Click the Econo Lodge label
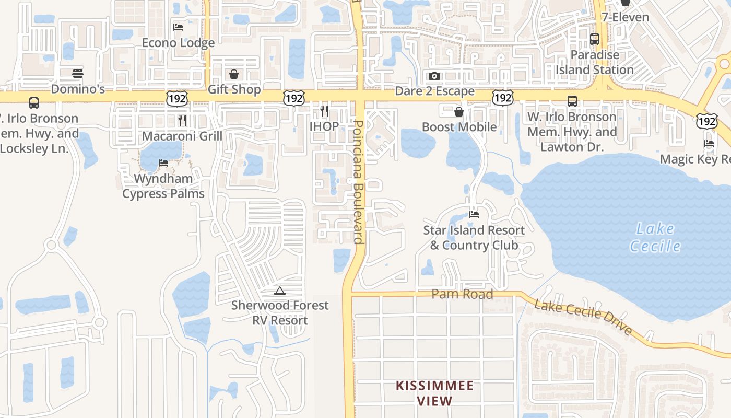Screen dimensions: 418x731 [178, 43]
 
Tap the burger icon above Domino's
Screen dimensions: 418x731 [78, 73]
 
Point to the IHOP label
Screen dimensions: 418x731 [324, 126]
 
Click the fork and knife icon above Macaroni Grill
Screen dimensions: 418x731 [182, 121]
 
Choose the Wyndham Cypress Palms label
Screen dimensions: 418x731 [163, 186]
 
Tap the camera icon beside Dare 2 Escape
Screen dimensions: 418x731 [434, 76]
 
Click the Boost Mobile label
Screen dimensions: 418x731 [459, 127]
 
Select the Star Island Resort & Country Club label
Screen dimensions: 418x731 [474, 238]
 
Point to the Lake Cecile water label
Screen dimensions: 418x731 [655, 237]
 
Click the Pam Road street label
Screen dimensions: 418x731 [462, 294]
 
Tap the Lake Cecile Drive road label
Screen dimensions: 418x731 [583, 317]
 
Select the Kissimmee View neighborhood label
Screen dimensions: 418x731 [434, 393]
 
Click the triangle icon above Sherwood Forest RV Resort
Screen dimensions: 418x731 [280, 291]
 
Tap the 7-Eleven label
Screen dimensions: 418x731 [625, 17]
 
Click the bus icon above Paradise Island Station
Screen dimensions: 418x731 [594, 39]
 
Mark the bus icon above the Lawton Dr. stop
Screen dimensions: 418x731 [572, 101]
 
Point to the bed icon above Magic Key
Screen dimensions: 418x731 [709, 144]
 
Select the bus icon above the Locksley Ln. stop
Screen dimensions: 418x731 [34, 103]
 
